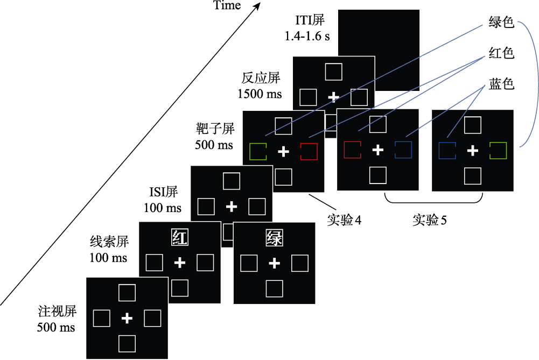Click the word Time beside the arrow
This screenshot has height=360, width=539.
click(227, 5)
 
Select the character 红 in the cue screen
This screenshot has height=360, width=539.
click(179, 237)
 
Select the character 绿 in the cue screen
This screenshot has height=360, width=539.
click(274, 238)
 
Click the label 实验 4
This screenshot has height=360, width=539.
click(344, 220)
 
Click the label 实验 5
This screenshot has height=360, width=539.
click(429, 220)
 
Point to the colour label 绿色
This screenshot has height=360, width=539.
click(501, 22)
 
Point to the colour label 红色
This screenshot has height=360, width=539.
click(501, 53)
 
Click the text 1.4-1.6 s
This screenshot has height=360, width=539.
click(307, 36)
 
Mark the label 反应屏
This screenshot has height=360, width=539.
click(261, 78)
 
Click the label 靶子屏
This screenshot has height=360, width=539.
click(215, 129)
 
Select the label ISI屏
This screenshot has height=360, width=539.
click(163, 192)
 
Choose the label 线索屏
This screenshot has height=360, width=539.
click(109, 242)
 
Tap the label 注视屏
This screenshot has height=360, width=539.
click(57, 311)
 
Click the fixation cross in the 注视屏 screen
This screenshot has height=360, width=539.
click(127, 318)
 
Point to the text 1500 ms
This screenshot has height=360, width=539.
click(260, 94)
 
